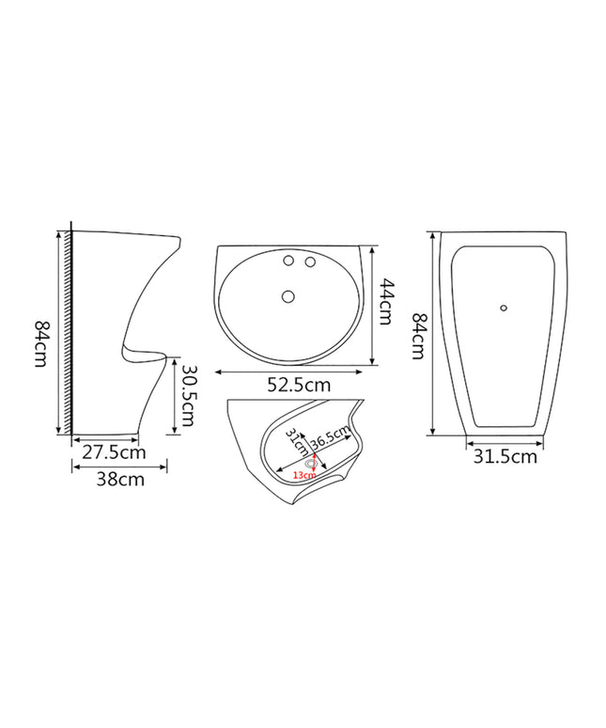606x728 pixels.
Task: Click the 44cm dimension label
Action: [x=386, y=301]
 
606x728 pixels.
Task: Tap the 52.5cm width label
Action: [x=299, y=385]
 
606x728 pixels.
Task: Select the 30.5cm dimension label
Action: [x=188, y=395]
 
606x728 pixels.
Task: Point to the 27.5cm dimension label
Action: [x=114, y=451]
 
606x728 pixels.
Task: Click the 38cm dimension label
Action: [x=120, y=479]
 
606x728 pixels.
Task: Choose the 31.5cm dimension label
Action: [x=505, y=457]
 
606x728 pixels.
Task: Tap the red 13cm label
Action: [x=304, y=475]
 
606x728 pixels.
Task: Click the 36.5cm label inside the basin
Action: [x=330, y=436]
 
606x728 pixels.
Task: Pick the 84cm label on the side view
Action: [x=40, y=343]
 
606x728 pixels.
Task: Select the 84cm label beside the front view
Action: [x=419, y=336]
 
